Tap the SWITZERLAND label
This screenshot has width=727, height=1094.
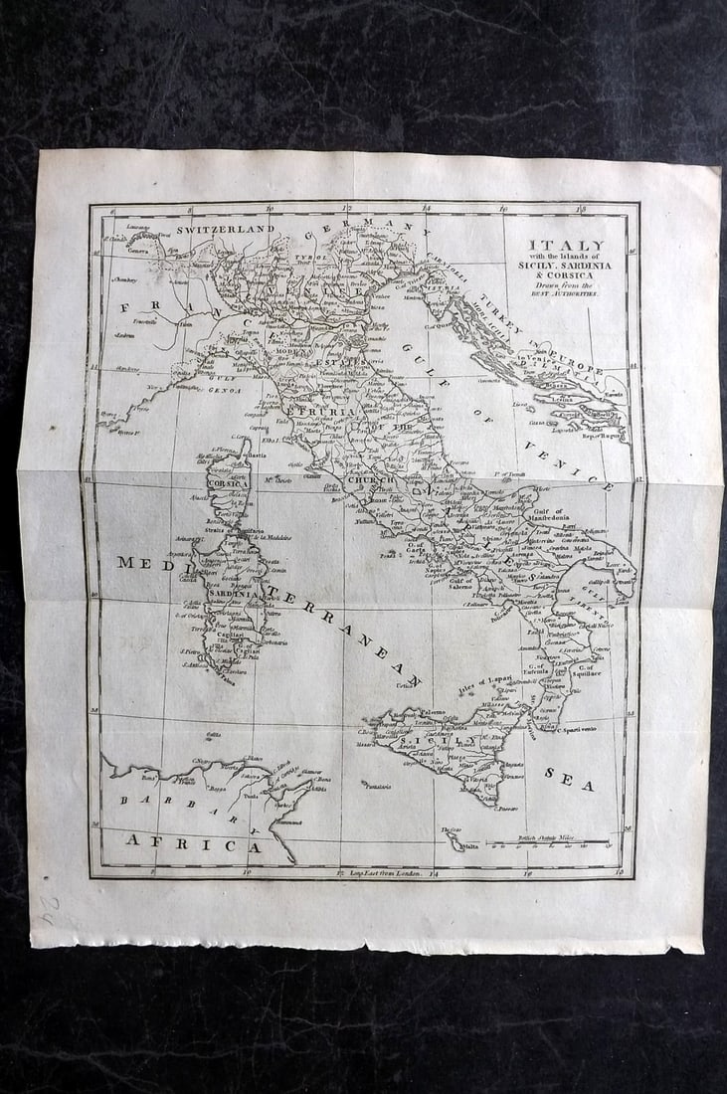[x=225, y=229]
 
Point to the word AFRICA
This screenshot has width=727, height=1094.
[x=193, y=845]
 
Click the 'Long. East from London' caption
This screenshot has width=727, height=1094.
[x=377, y=874]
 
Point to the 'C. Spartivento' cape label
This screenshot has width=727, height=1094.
[x=576, y=729]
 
